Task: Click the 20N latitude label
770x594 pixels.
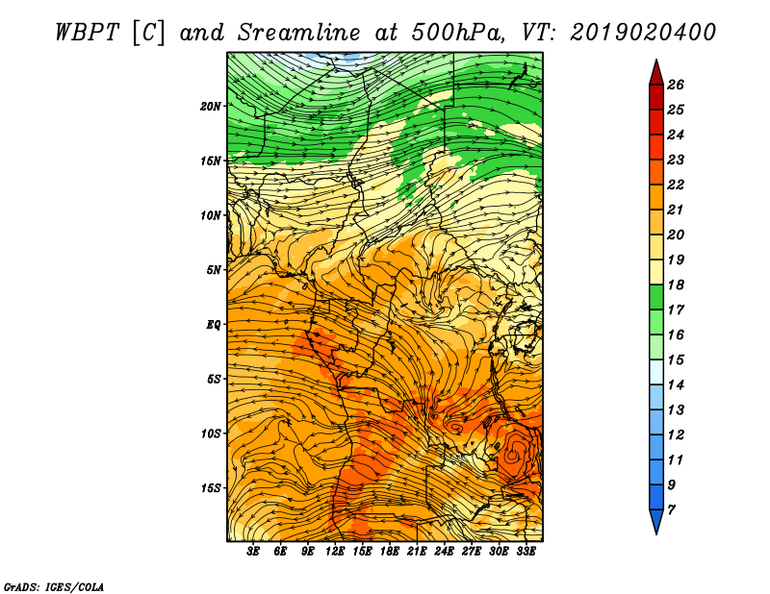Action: tap(211, 106)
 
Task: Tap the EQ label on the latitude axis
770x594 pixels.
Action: tap(214, 324)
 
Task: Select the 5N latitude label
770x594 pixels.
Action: tap(214, 270)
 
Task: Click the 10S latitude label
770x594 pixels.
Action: tap(211, 433)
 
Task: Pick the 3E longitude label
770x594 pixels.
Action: tap(253, 552)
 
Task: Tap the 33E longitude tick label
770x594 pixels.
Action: tap(526, 552)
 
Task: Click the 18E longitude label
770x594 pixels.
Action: tap(390, 552)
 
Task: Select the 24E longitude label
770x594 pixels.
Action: tap(444, 552)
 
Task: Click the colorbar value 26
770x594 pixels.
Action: tap(676, 85)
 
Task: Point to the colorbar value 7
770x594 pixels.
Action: tap(671, 510)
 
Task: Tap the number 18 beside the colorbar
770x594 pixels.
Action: tap(676, 285)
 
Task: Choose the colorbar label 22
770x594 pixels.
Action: tap(676, 185)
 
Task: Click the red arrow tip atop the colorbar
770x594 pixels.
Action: tap(656, 60)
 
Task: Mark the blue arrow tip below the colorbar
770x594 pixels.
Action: tap(656, 533)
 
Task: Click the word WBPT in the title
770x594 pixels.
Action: tap(88, 33)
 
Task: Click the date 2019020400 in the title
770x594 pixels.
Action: tap(642, 33)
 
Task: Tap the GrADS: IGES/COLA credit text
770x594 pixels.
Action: tap(54, 587)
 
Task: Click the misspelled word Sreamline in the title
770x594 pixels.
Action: tap(299, 33)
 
